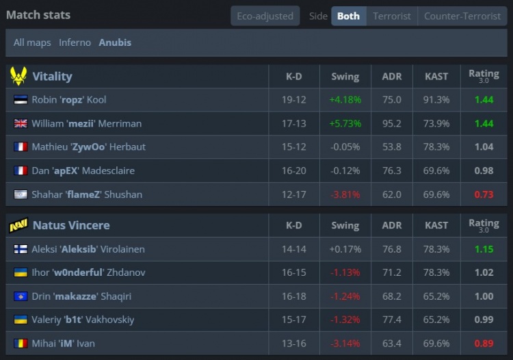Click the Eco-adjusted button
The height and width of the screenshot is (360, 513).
(265, 16)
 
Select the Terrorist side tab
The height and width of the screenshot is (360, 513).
(392, 16)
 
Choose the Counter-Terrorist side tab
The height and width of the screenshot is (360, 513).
(462, 16)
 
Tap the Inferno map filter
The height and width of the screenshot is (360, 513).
(75, 42)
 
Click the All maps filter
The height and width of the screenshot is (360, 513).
(32, 42)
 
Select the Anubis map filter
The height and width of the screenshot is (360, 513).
(115, 42)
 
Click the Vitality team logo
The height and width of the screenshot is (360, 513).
(18, 76)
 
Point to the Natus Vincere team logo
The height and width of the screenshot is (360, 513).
(18, 225)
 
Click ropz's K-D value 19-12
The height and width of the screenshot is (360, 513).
(293, 100)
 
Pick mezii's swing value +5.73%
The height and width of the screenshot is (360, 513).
(345, 123)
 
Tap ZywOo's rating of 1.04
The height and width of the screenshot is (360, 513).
(484, 146)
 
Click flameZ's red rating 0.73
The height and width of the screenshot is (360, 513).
(484, 194)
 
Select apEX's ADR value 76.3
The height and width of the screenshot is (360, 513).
(392, 170)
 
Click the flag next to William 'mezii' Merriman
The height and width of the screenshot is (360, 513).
(21, 123)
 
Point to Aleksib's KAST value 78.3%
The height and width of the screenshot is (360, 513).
(437, 249)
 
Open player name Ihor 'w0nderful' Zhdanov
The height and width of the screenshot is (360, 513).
(88, 272)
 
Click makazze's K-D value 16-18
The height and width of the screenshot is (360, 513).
(293, 296)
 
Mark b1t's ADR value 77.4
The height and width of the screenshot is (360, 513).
(392, 320)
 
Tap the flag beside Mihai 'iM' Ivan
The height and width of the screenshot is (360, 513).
(21, 344)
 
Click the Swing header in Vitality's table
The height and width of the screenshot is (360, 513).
(345, 77)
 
